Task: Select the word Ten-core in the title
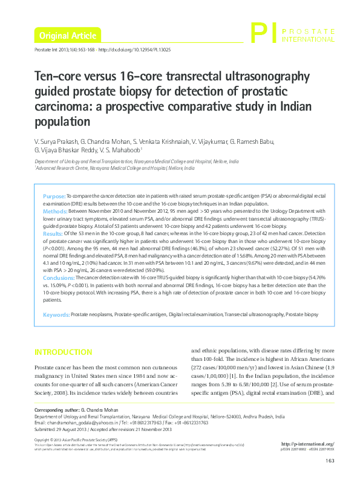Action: coord(56,78)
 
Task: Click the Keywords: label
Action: coord(56,315)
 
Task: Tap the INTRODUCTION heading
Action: coord(63,352)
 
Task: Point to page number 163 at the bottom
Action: coord(330,462)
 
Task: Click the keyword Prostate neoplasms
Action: coord(91,315)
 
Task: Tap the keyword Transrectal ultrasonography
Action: coord(254,315)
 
